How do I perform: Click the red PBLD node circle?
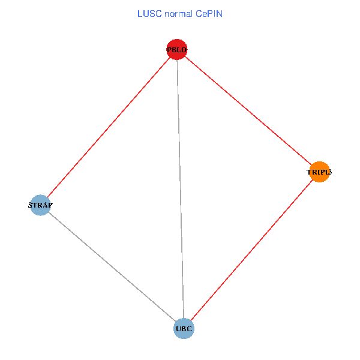pyautogui.click(x=177, y=49)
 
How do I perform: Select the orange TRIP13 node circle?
pyautogui.click(x=319, y=172)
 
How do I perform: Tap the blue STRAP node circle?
pyautogui.click(x=40, y=205)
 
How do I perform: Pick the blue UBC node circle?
pyautogui.click(x=184, y=328)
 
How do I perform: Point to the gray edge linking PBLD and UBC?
pyautogui.click(x=181, y=189)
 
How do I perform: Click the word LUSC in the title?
pyautogui.click(x=147, y=13)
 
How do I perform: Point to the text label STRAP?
pyautogui.click(x=41, y=205)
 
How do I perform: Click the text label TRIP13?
pyautogui.click(x=319, y=172)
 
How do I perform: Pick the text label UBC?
pyautogui.click(x=184, y=329)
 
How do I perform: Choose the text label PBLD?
pyautogui.click(x=177, y=50)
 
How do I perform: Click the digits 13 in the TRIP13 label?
pyautogui.click(x=328, y=172)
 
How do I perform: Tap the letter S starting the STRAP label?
pyautogui.click(x=31, y=205)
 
